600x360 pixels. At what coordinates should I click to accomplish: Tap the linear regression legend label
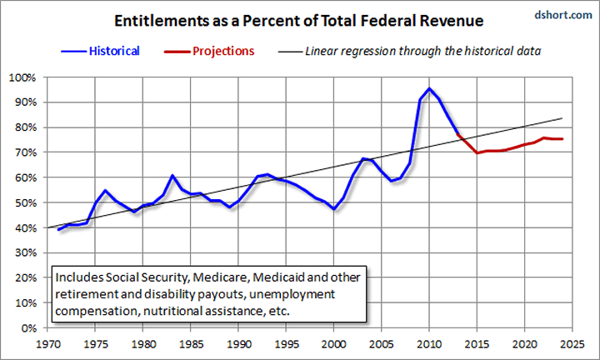tap(424, 51)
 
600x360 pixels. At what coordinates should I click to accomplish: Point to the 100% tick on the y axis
tap(20, 77)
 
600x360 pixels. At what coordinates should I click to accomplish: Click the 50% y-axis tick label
tap(22, 202)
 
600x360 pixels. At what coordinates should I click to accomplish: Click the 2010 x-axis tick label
tap(429, 342)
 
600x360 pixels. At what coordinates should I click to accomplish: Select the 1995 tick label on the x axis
tap(286, 342)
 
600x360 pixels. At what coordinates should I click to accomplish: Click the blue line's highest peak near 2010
tap(429, 88)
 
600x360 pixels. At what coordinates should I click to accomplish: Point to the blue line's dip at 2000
tap(333, 209)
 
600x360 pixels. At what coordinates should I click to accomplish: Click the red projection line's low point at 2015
tap(477, 153)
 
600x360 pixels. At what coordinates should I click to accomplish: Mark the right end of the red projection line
tap(562, 138)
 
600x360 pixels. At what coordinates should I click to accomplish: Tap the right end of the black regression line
tap(563, 118)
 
